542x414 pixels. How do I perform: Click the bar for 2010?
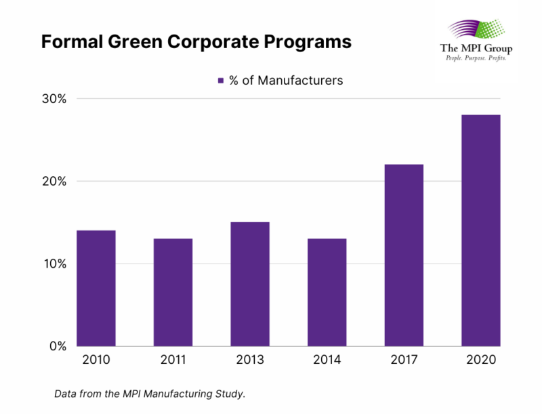96,288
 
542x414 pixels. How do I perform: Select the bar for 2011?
173,292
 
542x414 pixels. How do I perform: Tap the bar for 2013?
250,284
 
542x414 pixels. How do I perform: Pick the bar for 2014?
327,292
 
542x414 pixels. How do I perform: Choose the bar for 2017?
404,255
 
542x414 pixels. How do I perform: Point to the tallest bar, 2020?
480,230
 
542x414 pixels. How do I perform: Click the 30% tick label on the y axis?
52,99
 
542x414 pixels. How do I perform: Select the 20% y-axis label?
52,182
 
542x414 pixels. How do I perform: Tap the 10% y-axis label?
52,264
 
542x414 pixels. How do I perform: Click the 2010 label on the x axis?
96,360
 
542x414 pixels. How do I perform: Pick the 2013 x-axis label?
250,360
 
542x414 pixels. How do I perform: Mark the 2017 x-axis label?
404,360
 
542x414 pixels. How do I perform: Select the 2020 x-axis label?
480,360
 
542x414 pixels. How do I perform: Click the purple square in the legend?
220,81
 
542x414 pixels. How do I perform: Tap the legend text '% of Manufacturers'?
286,81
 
